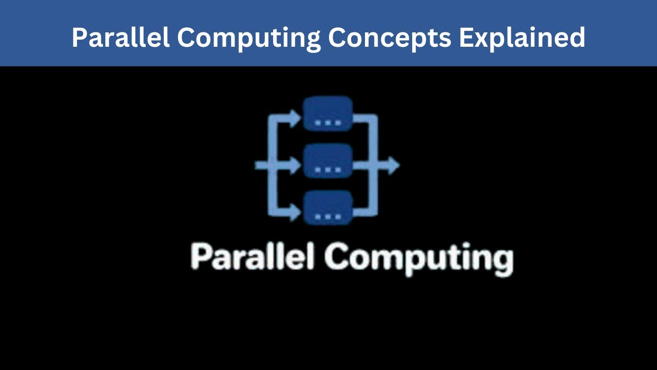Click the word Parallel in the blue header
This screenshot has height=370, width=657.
121,37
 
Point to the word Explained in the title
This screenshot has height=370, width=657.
522,37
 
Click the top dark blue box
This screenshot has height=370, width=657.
327,114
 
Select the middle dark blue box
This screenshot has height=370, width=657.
327,161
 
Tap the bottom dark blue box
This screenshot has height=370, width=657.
327,208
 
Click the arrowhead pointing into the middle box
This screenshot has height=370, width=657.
295,165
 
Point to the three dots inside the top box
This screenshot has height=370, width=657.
327,123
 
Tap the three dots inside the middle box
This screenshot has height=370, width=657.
327,170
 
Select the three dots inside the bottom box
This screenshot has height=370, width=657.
327,216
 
